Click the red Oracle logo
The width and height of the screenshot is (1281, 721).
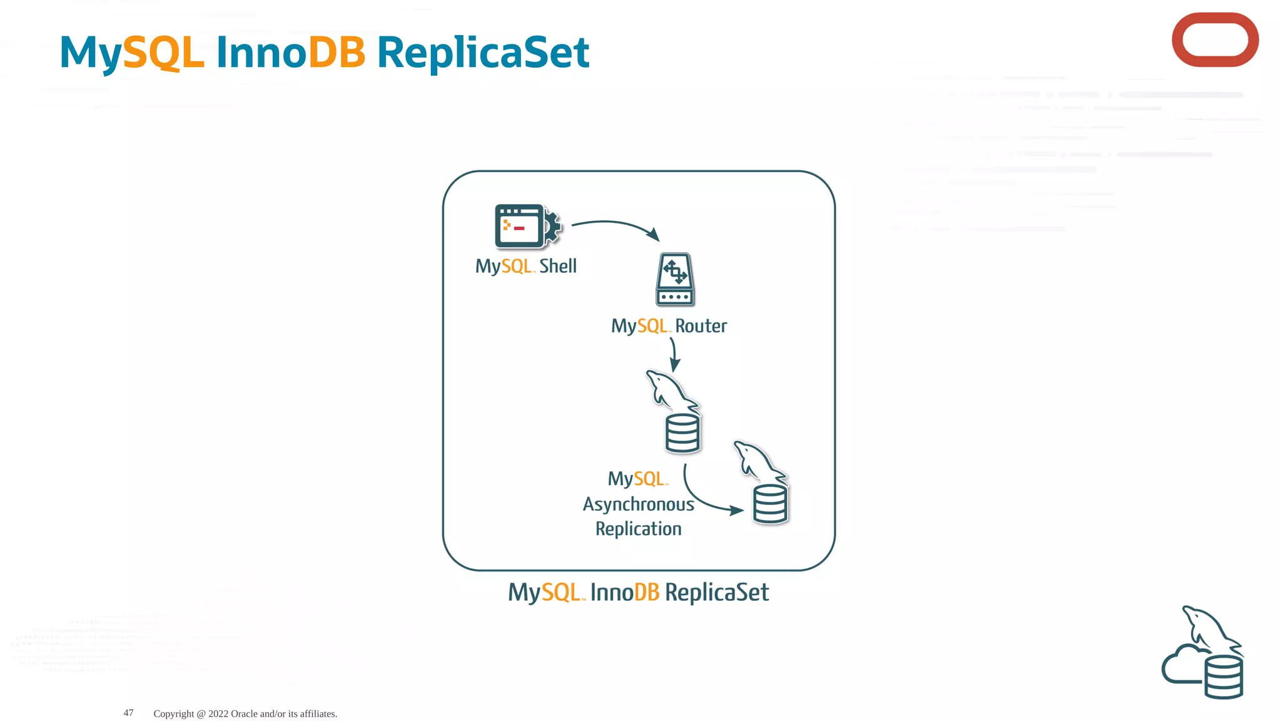tap(1215, 40)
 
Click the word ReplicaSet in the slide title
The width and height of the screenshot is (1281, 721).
tap(483, 53)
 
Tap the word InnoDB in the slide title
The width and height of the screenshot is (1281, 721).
tap(291, 53)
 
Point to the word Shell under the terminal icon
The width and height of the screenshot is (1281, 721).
tap(558, 266)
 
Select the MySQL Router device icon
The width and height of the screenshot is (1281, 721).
tap(675, 279)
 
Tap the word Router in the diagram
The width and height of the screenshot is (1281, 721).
tap(701, 326)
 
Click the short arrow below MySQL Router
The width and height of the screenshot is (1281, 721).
tap(674, 354)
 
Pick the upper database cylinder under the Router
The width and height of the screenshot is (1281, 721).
tap(682, 433)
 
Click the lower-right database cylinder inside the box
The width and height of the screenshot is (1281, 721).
tap(770, 504)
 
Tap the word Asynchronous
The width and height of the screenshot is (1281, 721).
tap(638, 504)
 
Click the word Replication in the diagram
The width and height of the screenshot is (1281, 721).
tap(638, 529)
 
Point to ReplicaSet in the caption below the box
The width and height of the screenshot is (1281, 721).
tap(717, 592)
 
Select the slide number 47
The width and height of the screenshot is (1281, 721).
tap(128, 713)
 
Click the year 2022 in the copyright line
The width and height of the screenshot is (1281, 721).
tap(218, 713)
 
